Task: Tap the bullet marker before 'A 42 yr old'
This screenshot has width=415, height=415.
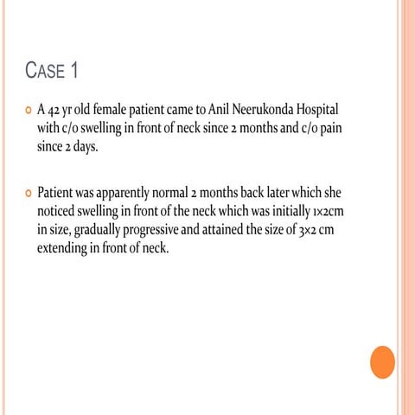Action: [28, 112]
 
